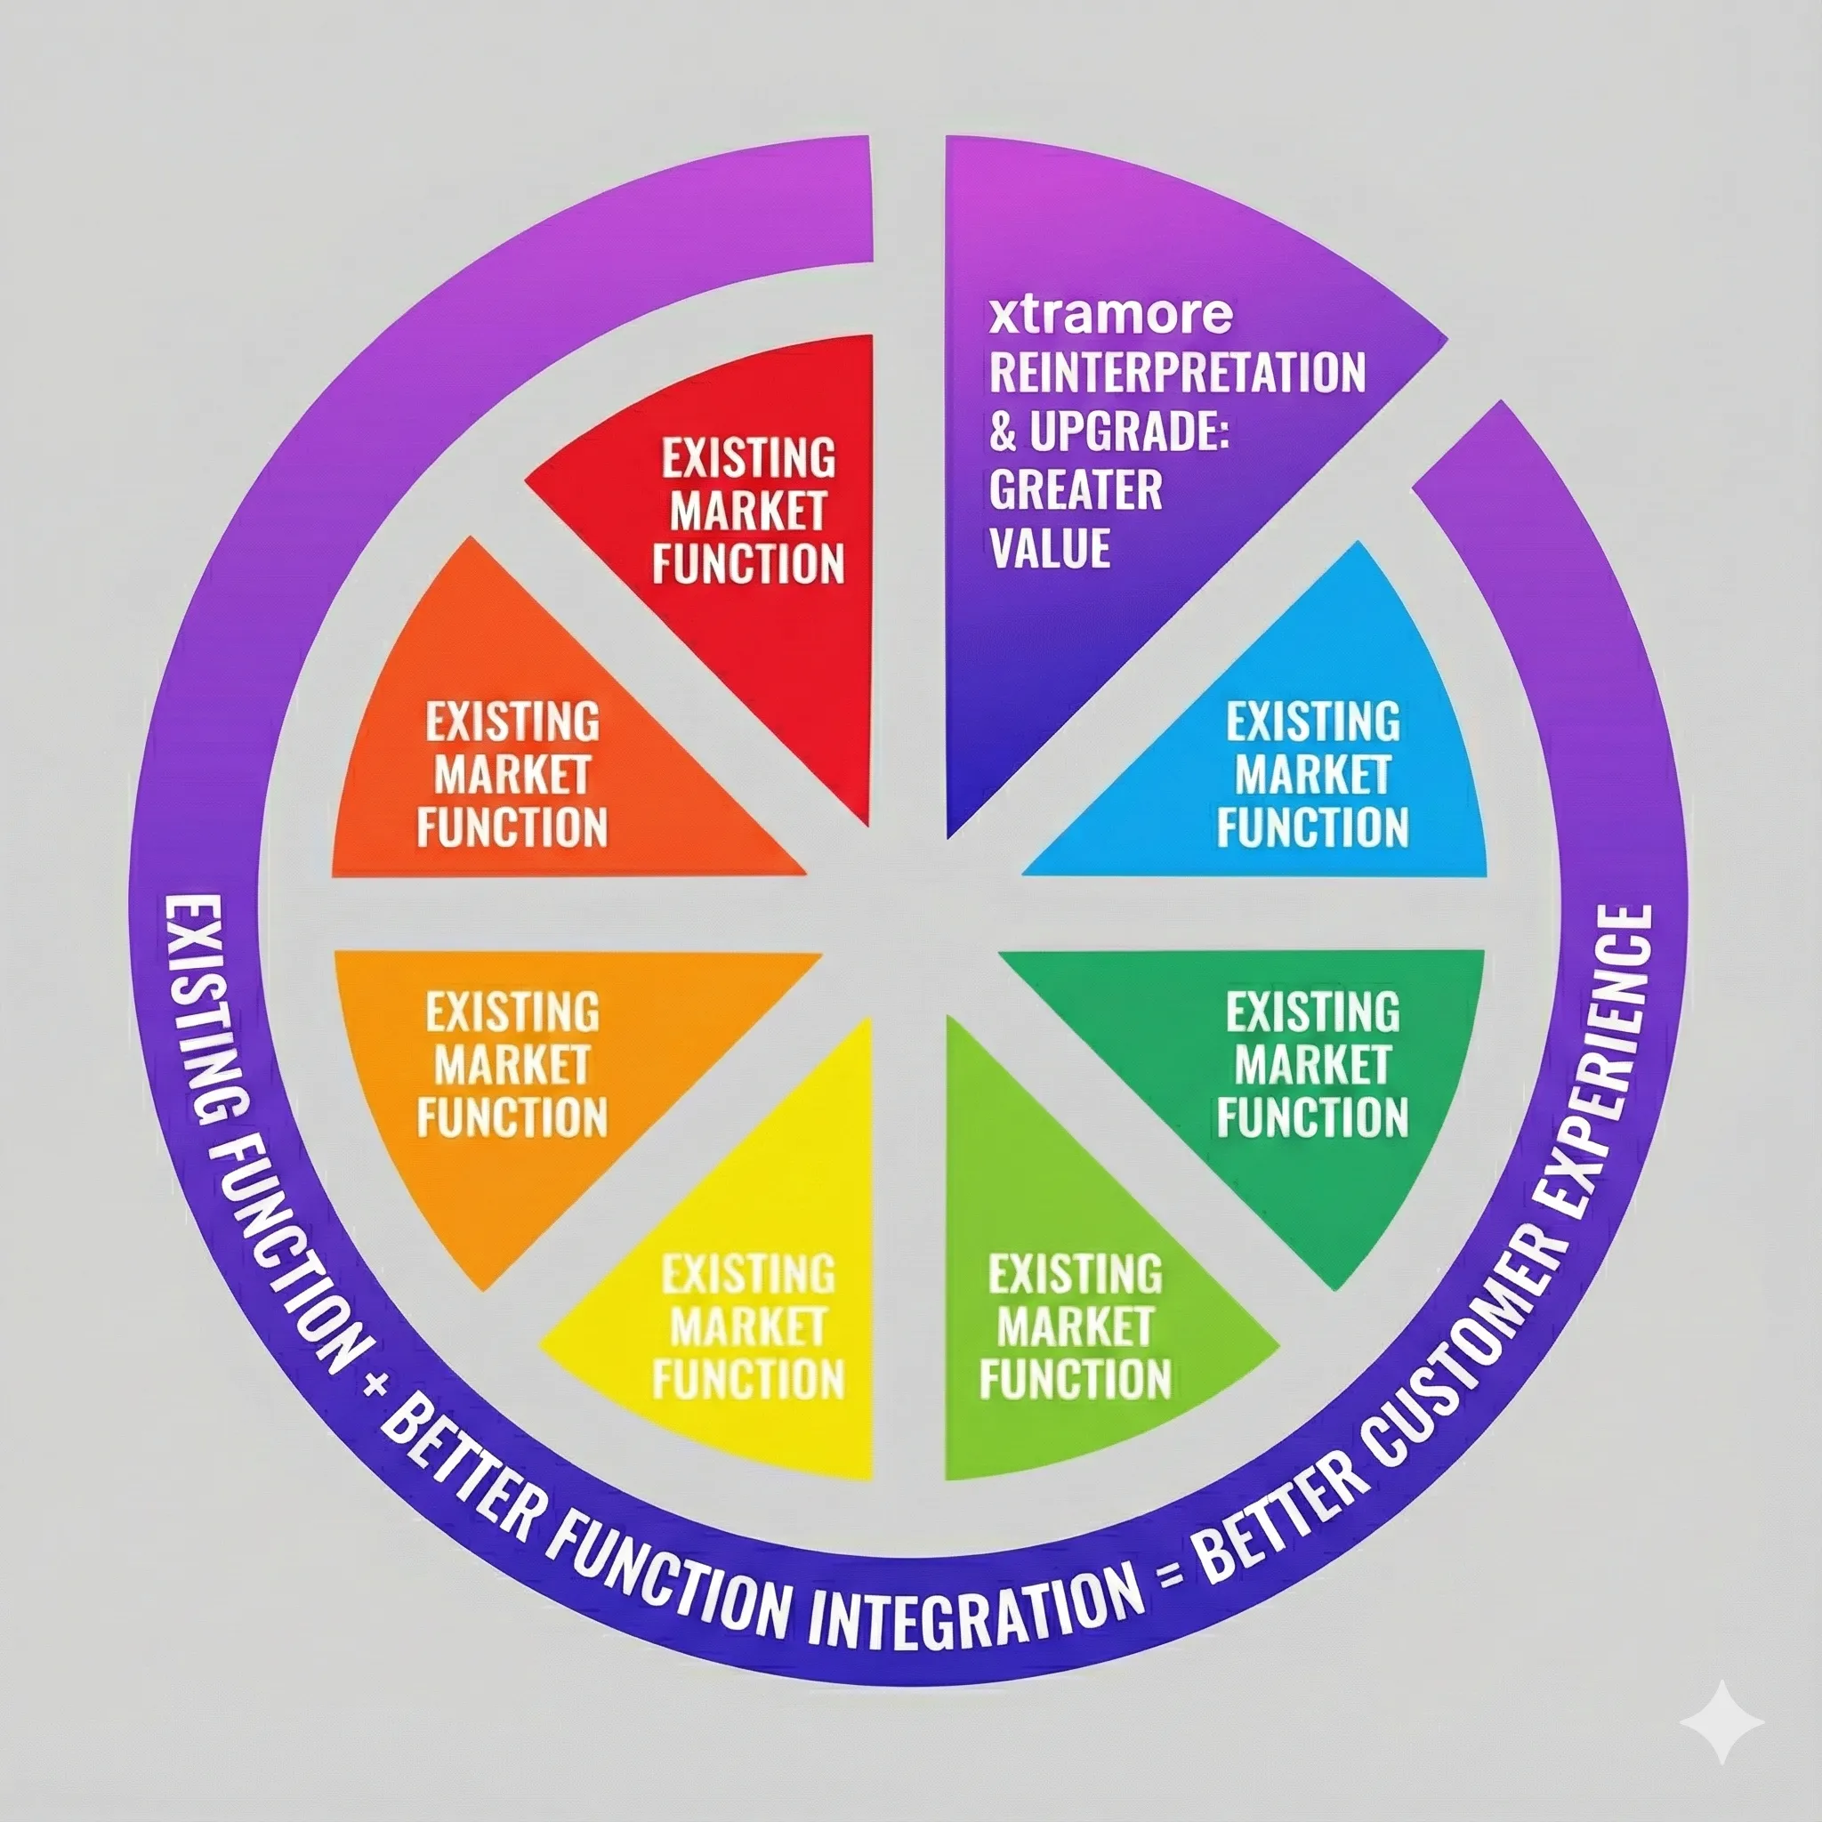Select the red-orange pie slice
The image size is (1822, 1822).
pyautogui.click(x=528, y=754)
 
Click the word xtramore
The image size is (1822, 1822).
pyautogui.click(x=1110, y=314)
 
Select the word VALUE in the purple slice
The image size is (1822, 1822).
pyautogui.click(x=1050, y=548)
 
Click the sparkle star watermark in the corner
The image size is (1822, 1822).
pyautogui.click(x=1721, y=1721)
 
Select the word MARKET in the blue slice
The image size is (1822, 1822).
pyautogui.click(x=1312, y=775)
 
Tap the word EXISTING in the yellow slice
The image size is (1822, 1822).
pyautogui.click(x=748, y=1275)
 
